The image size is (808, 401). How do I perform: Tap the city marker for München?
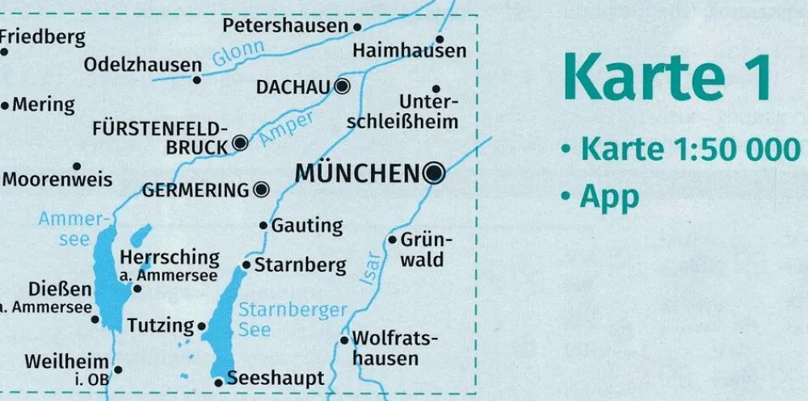pos(435,172)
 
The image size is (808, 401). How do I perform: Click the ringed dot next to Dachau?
pos(343,86)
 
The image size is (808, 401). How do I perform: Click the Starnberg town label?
pos(300,264)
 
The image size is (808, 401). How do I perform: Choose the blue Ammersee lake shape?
pos(107,275)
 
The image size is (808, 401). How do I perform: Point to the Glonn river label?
pos(238,55)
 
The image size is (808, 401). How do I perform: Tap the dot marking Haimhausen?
pos(440,39)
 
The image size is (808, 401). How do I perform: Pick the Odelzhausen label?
pos(143,65)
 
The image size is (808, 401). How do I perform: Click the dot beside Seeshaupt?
pos(218,382)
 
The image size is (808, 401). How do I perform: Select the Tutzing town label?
pos(162,326)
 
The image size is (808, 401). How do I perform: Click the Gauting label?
pos(307,226)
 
